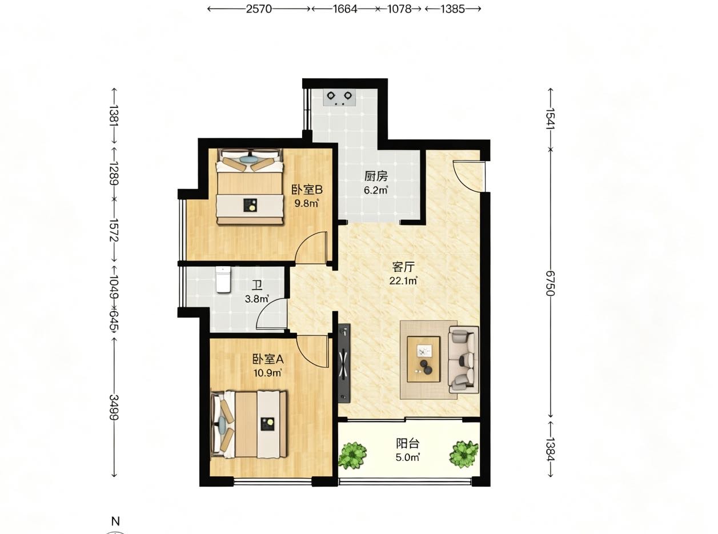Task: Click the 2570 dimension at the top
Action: [259, 9]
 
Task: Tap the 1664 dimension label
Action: [345, 9]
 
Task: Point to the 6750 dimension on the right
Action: [550, 283]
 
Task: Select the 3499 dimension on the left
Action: [114, 407]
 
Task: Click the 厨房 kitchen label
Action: [376, 176]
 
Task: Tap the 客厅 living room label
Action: [403, 267]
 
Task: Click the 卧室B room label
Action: [307, 190]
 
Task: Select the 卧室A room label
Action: [268, 359]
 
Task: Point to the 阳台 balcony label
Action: [408, 443]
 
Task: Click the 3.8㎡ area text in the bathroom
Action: [256, 299]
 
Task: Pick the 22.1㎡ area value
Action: [403, 280]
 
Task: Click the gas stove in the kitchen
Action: [339, 97]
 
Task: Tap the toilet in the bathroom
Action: [223, 280]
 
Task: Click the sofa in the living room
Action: [463, 360]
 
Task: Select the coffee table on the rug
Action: [423, 359]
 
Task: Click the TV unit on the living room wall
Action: [344, 363]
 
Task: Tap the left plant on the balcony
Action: [352, 455]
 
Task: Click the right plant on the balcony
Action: [464, 454]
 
